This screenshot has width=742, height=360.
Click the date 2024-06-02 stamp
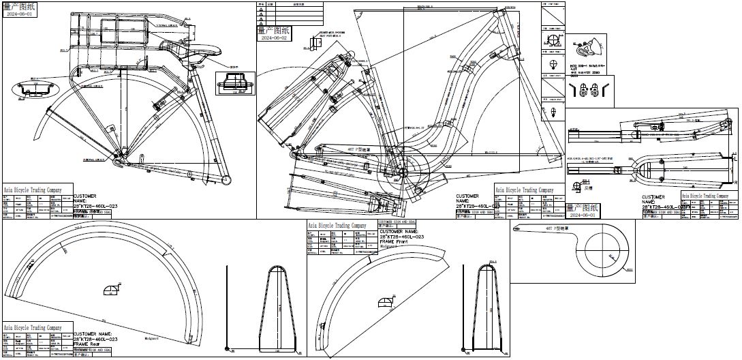tap(275, 38)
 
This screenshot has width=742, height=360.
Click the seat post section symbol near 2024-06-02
tap(315, 44)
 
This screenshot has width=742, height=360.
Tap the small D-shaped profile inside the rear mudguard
tap(110, 290)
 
